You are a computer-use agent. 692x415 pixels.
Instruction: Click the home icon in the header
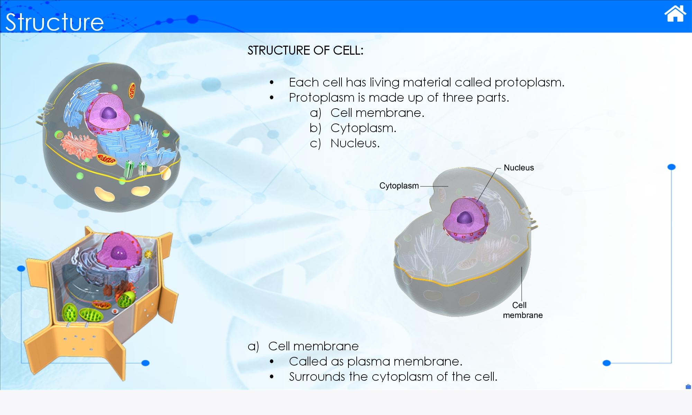tap(675, 13)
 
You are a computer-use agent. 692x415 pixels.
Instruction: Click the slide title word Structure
tap(54, 22)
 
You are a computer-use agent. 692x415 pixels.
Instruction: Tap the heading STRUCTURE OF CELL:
tap(306, 50)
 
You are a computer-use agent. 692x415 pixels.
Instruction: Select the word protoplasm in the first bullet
tap(529, 83)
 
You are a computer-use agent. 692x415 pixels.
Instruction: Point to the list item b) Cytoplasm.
tap(353, 128)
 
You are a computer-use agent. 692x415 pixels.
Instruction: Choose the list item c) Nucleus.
tap(345, 143)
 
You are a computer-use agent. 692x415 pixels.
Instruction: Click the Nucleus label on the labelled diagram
tap(519, 168)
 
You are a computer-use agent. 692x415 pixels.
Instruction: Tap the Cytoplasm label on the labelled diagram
tap(399, 186)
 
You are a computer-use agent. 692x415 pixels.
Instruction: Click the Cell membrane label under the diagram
tap(523, 310)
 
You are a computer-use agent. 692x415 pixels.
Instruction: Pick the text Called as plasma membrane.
tap(376, 361)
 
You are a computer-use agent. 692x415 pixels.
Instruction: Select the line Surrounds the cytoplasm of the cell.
tap(393, 377)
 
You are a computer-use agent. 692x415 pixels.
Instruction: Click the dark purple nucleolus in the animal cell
tap(110, 113)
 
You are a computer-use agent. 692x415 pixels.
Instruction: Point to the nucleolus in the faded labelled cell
tap(464, 218)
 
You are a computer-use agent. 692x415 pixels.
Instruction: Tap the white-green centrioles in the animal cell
tap(135, 169)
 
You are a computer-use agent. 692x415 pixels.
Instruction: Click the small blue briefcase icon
tap(688, 387)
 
